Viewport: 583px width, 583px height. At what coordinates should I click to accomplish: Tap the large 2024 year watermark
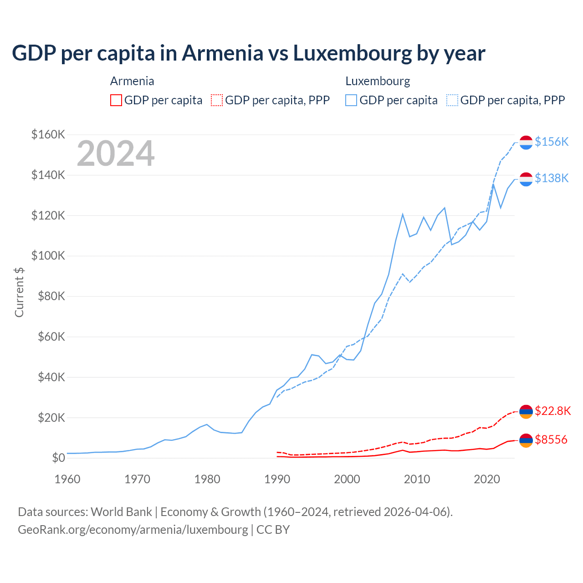point(116,154)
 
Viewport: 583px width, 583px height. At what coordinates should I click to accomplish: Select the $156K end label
point(552,142)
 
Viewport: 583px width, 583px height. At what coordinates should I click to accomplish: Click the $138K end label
point(552,178)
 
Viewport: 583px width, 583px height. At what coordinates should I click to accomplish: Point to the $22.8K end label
point(552,411)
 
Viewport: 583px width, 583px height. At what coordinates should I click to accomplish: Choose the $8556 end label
point(551,440)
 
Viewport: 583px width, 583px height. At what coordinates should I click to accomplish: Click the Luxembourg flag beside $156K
point(526,142)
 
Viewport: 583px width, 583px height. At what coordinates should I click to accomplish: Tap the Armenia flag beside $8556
point(526,440)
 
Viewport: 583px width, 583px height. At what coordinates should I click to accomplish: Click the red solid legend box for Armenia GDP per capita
point(116,100)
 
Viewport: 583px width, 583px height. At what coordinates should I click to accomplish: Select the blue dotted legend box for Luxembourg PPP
point(452,100)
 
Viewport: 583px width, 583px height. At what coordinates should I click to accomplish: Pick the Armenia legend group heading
point(132,81)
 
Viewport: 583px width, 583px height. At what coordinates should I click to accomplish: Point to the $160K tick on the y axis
point(48,134)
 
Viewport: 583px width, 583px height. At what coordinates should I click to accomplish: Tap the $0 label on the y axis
point(58,458)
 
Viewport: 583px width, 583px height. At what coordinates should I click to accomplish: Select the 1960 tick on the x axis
point(67,479)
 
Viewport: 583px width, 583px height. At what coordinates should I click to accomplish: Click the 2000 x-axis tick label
point(347,479)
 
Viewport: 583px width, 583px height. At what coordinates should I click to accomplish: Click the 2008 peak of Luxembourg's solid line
point(403,214)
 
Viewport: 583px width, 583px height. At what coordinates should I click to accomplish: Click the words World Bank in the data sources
point(121,512)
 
